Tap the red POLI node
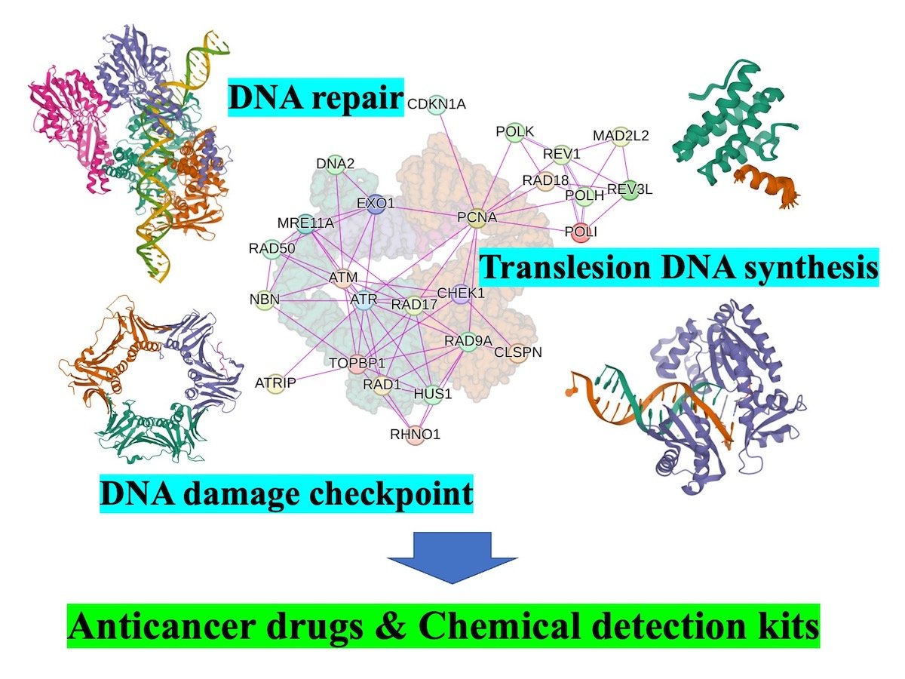coord(580,232)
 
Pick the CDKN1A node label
coord(437,104)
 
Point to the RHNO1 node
coord(415,435)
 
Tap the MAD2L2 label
coord(621,136)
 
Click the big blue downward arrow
coord(452,557)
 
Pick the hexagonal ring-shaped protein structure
coord(151,377)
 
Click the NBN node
coord(265,300)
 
